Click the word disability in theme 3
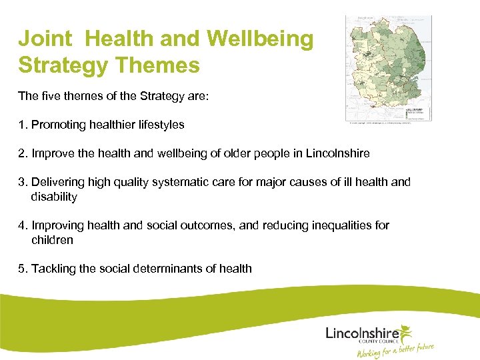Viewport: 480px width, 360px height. click(54, 197)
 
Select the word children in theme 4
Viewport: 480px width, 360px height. click(52, 240)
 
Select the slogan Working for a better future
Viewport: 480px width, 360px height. click(396, 350)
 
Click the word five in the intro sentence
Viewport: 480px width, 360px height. click(51, 96)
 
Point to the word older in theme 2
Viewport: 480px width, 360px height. click(231, 153)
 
